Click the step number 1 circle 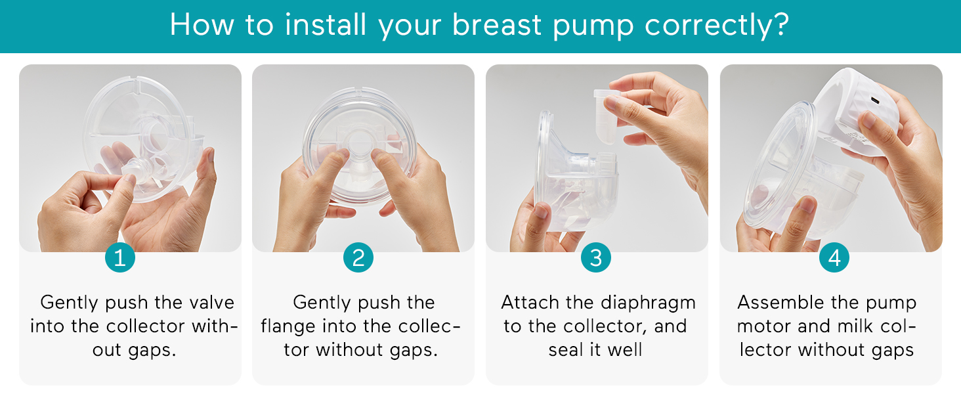click(x=119, y=257)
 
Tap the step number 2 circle click(x=358, y=257)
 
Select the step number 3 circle click(x=595, y=257)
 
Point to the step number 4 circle click(x=834, y=257)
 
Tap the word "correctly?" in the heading click(x=717, y=26)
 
